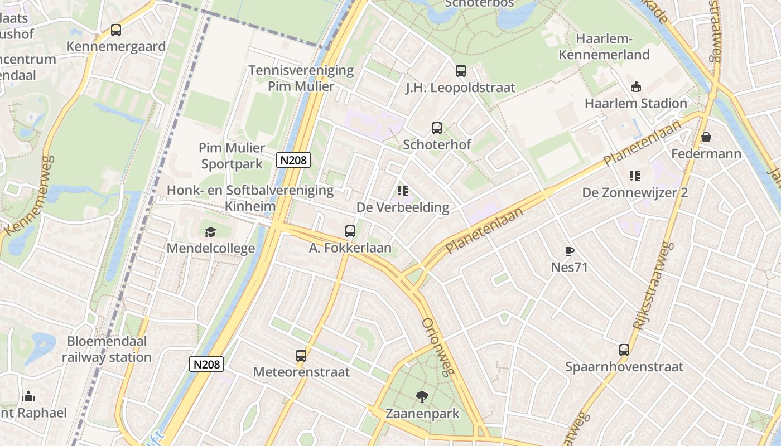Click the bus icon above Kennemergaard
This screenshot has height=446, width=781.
click(116, 30)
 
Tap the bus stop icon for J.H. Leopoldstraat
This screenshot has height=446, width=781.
click(460, 71)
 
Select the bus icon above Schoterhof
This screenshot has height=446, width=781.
click(437, 128)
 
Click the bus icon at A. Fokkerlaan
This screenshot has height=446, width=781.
click(350, 231)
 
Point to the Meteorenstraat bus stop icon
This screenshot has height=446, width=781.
click(301, 355)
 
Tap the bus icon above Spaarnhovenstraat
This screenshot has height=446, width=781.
click(624, 350)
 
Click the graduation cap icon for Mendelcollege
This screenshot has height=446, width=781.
click(210, 232)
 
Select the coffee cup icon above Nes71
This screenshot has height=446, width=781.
click(569, 251)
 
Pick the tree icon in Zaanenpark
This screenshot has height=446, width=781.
click(422, 397)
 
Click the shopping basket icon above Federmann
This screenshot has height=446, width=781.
click(706, 137)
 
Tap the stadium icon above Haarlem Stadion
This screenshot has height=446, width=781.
click(635, 86)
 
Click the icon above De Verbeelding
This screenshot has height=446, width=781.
click(403, 191)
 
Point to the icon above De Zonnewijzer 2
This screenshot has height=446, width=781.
click(635, 176)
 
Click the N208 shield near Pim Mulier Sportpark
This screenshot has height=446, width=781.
click(293, 161)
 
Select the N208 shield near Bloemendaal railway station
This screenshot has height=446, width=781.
click(206, 365)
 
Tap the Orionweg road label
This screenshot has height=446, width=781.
click(436, 347)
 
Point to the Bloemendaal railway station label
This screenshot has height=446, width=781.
click(107, 349)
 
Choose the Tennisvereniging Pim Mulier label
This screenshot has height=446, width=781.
click(301, 78)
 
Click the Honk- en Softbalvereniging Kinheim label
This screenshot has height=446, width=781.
click(250, 198)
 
